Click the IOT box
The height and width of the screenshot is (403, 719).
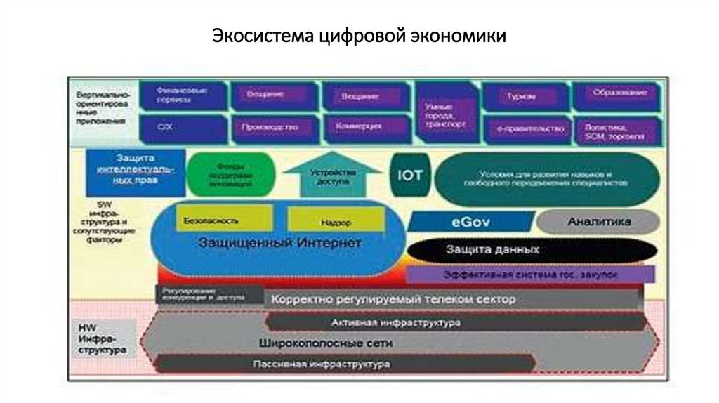[x=409, y=174]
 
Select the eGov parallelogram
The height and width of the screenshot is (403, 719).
[x=470, y=222]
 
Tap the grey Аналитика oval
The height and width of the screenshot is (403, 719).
[x=598, y=222]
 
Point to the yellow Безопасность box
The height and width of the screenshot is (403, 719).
[x=211, y=220]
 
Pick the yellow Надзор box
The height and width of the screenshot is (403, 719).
[x=335, y=222]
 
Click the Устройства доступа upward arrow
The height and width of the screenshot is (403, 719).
[x=329, y=175]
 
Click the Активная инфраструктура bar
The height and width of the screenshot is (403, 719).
[x=456, y=322]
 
